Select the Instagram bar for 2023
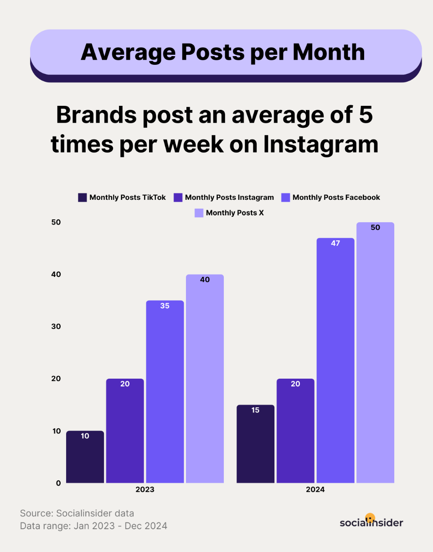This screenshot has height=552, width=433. pyautogui.click(x=125, y=431)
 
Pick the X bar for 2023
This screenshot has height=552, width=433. pyautogui.click(x=205, y=379)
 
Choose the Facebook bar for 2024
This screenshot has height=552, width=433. pyautogui.click(x=335, y=360)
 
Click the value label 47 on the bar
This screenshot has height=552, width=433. pyautogui.click(x=335, y=244)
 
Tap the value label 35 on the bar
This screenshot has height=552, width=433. pyautogui.click(x=165, y=306)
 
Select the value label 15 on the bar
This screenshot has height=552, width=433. pyautogui.click(x=255, y=410)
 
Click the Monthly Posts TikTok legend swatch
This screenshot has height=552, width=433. pyautogui.click(x=82, y=198)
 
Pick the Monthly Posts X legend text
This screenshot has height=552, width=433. pyautogui.click(x=235, y=213)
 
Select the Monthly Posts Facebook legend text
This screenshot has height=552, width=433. pyautogui.click(x=336, y=198)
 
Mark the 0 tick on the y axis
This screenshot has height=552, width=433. pyautogui.click(x=58, y=483)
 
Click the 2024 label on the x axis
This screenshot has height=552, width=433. pyautogui.click(x=315, y=490)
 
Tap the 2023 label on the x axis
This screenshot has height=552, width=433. pyautogui.click(x=144, y=490)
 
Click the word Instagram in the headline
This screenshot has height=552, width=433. pyautogui.click(x=321, y=144)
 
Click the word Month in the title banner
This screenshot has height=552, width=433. pyautogui.click(x=329, y=52)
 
